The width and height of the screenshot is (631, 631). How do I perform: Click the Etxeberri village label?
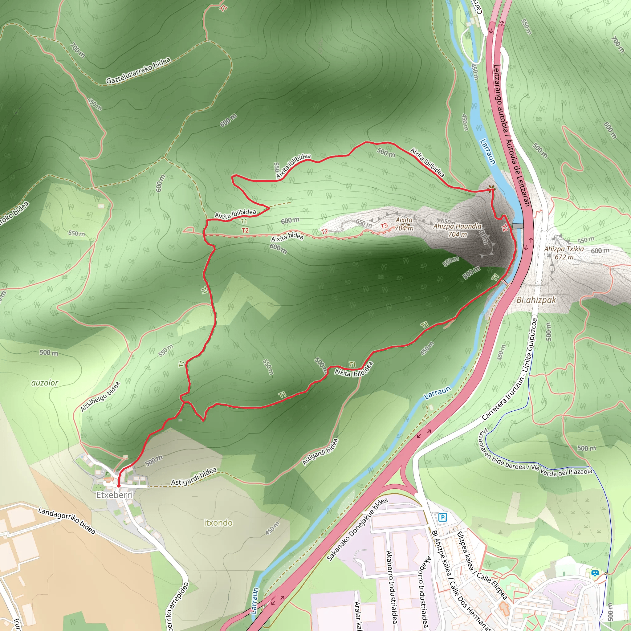(114, 495)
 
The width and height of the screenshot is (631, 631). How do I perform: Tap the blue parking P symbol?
(442, 517)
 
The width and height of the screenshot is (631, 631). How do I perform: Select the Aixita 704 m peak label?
(404, 224)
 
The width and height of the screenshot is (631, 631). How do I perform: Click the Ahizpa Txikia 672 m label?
(564, 253)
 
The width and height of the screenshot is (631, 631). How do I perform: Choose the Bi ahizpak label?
(536, 300)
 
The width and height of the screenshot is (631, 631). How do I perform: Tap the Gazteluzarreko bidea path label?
(138, 71)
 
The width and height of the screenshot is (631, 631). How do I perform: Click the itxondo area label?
(218, 523)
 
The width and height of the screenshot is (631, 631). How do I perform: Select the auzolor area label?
(45, 383)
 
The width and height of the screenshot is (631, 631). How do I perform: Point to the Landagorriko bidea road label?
(67, 521)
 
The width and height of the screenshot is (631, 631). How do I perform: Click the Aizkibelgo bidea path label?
(100, 397)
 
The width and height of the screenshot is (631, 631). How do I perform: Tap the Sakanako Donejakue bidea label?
(357, 529)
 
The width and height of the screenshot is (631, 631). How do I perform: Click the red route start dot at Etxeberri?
(119, 486)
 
